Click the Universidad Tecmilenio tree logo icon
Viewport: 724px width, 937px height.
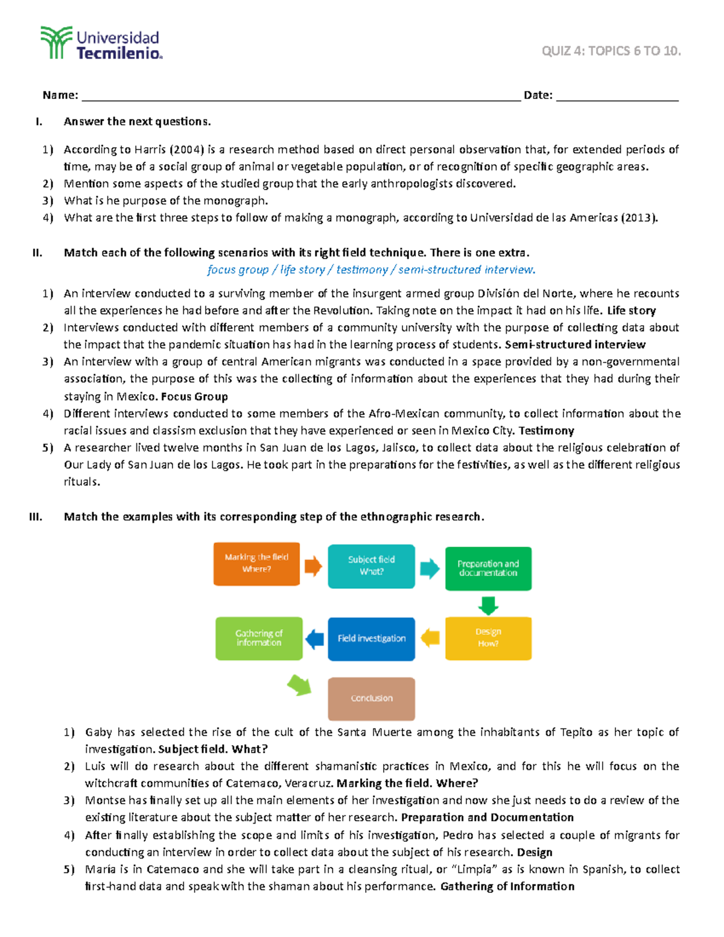coord(56,42)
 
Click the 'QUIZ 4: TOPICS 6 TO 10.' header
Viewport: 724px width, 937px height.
coord(611,51)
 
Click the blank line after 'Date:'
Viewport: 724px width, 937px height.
coord(617,97)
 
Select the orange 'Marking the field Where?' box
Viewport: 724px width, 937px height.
coord(256,564)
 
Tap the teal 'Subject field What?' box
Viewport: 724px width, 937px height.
coord(371,566)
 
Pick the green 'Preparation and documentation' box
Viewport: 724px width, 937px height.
coord(488,568)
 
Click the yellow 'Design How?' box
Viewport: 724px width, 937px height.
coord(488,638)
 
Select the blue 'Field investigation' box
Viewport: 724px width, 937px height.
coord(371,638)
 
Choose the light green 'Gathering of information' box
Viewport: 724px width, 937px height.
coord(259,638)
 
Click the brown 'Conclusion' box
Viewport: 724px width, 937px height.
coord(371,699)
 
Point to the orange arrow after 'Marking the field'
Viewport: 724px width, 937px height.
coord(313,566)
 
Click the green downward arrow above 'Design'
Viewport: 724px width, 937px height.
coord(488,605)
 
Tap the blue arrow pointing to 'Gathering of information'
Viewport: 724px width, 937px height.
coord(314,638)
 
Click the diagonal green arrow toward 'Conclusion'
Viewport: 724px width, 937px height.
coord(299,685)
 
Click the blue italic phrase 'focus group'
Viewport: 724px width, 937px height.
coord(238,270)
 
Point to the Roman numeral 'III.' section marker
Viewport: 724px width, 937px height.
coord(36,517)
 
